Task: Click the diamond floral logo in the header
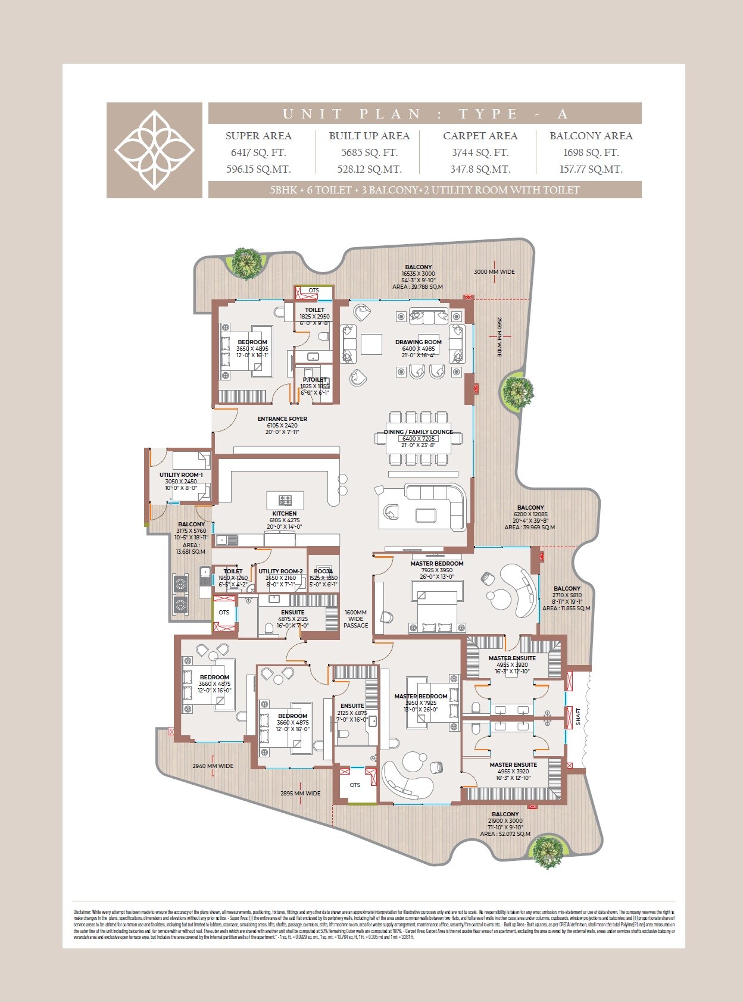point(154,150)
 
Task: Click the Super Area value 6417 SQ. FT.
point(258,152)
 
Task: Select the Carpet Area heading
point(480,136)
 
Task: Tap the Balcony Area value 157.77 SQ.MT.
point(591,169)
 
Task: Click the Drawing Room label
point(418,342)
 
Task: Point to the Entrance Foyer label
point(282,419)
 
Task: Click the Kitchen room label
point(285,513)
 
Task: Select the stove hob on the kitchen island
point(285,500)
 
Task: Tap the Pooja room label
point(323,571)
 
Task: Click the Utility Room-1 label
point(181,475)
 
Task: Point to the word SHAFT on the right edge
point(578,716)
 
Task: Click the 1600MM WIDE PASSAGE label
point(356,619)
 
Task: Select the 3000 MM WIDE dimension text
point(494,271)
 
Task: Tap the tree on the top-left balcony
point(246,263)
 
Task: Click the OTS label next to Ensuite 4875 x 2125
point(224,612)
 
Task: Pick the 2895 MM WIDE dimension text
point(300,793)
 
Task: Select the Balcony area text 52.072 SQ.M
point(505,834)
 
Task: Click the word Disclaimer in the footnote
point(82,912)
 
